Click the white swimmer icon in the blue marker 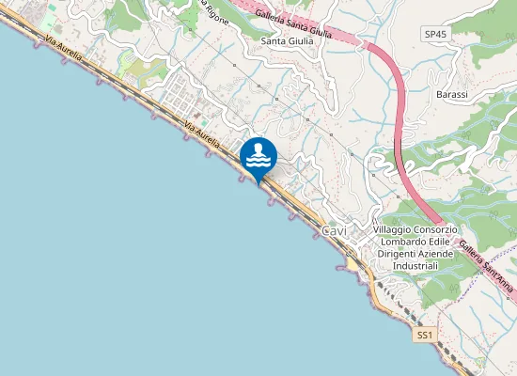(x=258, y=155)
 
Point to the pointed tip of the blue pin (x=258, y=183)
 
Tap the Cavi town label (x=334, y=230)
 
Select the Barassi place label (x=452, y=95)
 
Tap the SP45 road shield (x=433, y=34)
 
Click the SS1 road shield (x=426, y=335)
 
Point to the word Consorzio (x=438, y=230)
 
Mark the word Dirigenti (x=399, y=255)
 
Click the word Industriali (x=415, y=267)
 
